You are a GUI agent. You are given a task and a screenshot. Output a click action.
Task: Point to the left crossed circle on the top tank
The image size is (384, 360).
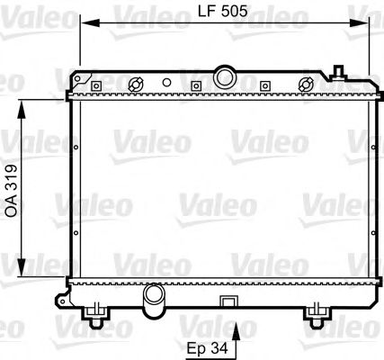click(x=137, y=85)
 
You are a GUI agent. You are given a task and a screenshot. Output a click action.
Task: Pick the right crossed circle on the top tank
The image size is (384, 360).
click(x=306, y=84)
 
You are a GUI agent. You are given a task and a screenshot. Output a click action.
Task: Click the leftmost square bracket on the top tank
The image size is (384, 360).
click(x=92, y=85)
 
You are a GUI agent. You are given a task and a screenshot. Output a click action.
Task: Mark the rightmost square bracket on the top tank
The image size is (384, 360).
click(x=264, y=85)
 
